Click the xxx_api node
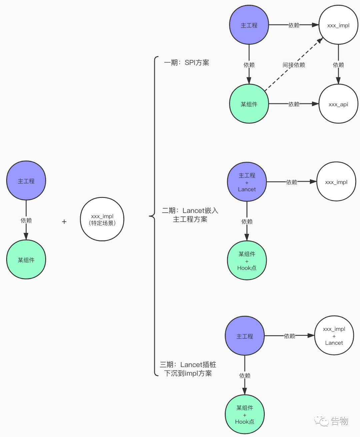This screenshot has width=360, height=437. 338,104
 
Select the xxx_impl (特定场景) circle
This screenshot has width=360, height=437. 102,219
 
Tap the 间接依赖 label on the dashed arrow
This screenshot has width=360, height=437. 294,65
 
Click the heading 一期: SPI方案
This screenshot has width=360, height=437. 186,63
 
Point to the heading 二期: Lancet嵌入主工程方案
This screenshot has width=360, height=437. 190,215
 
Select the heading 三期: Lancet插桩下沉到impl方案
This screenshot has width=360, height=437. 188,369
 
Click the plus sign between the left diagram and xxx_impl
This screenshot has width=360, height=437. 64,222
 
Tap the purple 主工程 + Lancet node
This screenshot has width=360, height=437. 247,182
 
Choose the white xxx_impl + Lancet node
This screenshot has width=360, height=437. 334,336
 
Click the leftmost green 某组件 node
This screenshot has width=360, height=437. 26,260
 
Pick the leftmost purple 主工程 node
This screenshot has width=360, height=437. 26,181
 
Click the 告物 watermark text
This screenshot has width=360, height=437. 340,421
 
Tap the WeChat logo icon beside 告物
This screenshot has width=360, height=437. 321,421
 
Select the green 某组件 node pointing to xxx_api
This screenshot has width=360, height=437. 249,104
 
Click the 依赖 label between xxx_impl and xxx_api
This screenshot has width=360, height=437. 338,65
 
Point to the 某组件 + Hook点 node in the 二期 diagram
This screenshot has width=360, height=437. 247,260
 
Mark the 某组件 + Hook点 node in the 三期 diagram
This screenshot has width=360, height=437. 244,414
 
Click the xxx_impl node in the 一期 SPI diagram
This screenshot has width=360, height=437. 338,25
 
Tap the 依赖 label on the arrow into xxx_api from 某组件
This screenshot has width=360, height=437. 294,104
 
